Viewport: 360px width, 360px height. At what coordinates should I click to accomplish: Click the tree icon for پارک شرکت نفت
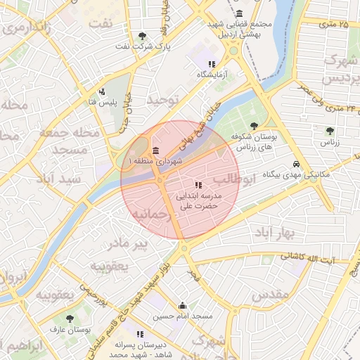click(143, 36)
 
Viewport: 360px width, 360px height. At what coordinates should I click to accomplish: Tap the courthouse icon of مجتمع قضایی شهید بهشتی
click(240, 13)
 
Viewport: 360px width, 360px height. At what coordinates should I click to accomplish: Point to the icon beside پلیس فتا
click(102, 91)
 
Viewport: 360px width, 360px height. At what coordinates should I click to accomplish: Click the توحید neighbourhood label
click(164, 100)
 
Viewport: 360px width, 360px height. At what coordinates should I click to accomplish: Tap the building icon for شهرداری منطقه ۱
click(155, 151)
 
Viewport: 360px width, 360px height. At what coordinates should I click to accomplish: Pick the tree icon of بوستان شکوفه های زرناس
click(254, 126)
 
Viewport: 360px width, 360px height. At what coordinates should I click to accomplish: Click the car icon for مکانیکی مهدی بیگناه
click(307, 163)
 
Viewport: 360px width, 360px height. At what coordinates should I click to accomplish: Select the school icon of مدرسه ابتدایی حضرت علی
click(197, 185)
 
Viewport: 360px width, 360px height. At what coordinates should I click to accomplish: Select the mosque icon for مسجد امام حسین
click(183, 305)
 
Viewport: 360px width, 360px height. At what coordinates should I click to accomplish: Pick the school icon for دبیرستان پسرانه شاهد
click(140, 333)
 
